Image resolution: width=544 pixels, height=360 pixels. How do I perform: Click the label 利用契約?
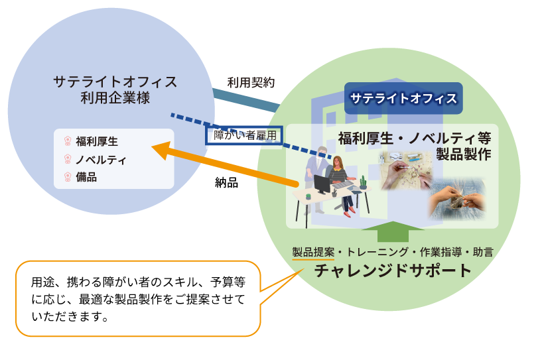pyautogui.click(x=251, y=83)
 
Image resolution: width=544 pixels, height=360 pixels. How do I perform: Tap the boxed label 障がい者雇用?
pyautogui.click(x=244, y=135)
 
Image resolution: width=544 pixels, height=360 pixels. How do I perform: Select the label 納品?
pyautogui.click(x=226, y=182)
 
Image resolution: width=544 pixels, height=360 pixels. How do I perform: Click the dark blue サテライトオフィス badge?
pyautogui.click(x=403, y=98)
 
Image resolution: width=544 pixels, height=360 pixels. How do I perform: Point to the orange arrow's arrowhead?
pyautogui.click(x=162, y=150)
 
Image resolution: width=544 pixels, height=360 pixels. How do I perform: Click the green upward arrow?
pyautogui.click(x=393, y=231)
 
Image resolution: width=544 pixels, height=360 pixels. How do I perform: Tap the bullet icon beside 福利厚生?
pyautogui.click(x=68, y=141)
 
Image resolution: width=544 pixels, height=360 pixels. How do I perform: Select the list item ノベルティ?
pyautogui.click(x=101, y=160)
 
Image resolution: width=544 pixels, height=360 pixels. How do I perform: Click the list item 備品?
pyautogui.click(x=86, y=177)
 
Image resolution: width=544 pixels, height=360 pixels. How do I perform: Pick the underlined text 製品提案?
pyautogui.click(x=313, y=252)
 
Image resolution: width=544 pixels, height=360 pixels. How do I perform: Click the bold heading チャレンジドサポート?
pyautogui.click(x=393, y=270)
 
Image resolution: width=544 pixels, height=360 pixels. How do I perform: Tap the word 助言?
pyautogui.click(x=482, y=252)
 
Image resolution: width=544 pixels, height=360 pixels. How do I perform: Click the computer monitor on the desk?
pyautogui.click(x=322, y=184)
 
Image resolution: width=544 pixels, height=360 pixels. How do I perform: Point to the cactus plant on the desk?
pyautogui.click(x=363, y=182)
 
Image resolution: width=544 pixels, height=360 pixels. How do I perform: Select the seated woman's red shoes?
pyautogui.click(x=349, y=212)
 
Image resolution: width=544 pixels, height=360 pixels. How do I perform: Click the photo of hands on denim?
pyautogui.click(x=456, y=200)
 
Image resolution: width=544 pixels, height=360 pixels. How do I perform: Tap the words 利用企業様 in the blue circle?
pyautogui.click(x=115, y=98)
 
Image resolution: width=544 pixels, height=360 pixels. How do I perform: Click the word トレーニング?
pyautogui.click(x=377, y=252)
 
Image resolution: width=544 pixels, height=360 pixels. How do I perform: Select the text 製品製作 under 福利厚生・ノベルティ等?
pyautogui.click(x=463, y=154)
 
